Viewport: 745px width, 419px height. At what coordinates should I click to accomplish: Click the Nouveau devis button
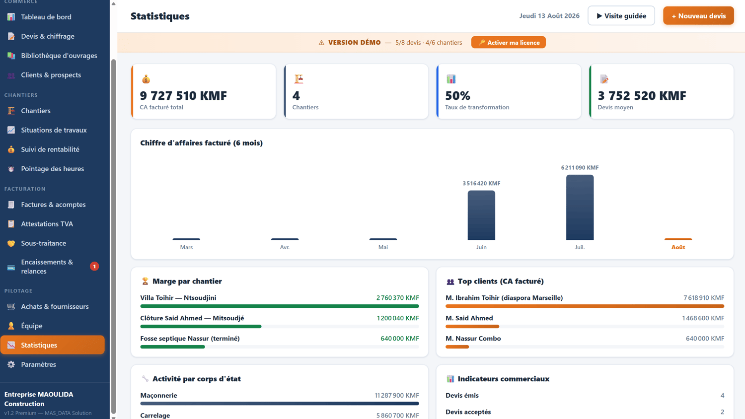(x=698, y=15)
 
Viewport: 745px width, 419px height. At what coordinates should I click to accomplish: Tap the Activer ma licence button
(x=508, y=43)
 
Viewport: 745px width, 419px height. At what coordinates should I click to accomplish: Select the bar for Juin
(x=481, y=215)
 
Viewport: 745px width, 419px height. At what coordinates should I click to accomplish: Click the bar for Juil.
(x=580, y=207)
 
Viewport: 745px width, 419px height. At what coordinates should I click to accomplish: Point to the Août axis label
(x=678, y=247)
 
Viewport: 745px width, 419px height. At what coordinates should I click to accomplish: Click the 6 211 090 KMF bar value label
(x=580, y=168)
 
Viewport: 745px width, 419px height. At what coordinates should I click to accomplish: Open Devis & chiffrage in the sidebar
(x=48, y=36)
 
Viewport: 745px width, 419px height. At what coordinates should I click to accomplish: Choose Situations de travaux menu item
(x=54, y=130)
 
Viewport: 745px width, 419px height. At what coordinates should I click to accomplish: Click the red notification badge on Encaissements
(x=94, y=267)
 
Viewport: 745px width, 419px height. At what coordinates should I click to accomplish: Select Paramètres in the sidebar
(x=38, y=364)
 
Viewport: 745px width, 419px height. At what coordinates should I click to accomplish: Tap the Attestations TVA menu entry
(x=47, y=224)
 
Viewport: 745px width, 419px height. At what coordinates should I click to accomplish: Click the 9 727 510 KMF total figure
(x=183, y=96)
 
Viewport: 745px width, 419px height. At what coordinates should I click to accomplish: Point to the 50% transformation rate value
(x=457, y=96)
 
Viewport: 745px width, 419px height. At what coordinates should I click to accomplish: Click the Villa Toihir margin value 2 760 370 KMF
(x=397, y=298)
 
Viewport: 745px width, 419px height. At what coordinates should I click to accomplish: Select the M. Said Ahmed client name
(x=469, y=318)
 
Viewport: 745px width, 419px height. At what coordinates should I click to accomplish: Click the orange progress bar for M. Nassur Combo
(x=457, y=347)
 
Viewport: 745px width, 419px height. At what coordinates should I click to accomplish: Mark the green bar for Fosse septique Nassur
(x=173, y=347)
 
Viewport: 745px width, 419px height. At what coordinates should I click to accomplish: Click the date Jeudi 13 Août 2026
(x=549, y=15)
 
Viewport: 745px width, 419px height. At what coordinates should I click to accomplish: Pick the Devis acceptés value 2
(x=722, y=412)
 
